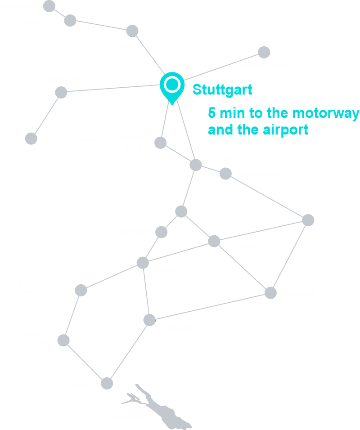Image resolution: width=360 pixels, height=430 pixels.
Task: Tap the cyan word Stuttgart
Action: pos(222,90)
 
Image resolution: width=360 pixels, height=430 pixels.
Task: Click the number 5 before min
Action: pos(212,113)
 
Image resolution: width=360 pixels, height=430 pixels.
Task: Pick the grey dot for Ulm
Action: pos(308,220)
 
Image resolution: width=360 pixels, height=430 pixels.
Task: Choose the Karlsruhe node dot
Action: pos(61,93)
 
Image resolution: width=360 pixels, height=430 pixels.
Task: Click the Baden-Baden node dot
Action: pos(31,139)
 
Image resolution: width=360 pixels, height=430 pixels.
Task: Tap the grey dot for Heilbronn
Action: pos(132,31)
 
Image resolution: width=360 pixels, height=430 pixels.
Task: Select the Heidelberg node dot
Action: pos(70,21)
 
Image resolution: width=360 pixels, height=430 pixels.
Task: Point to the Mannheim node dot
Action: pos(49,6)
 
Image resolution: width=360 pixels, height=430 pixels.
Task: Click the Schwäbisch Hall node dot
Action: pos(264,52)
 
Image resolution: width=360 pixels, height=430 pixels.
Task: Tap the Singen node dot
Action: pos(107,383)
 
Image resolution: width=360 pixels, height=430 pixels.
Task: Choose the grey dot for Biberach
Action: pos(270,293)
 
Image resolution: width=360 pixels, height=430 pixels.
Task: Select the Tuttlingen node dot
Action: pos(149,320)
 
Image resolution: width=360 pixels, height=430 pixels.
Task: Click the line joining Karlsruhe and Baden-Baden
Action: pos(46,116)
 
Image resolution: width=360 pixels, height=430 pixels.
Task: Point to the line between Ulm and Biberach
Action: pos(289,256)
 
